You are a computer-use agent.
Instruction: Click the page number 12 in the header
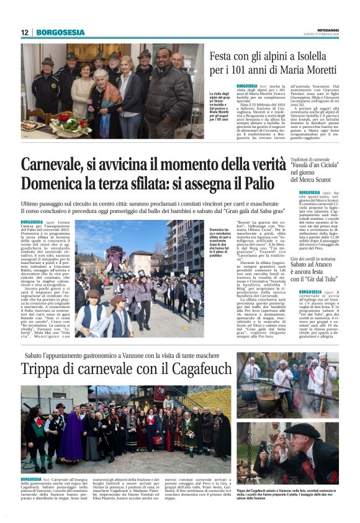point(25,32)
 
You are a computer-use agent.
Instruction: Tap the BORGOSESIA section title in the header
point(60,32)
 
